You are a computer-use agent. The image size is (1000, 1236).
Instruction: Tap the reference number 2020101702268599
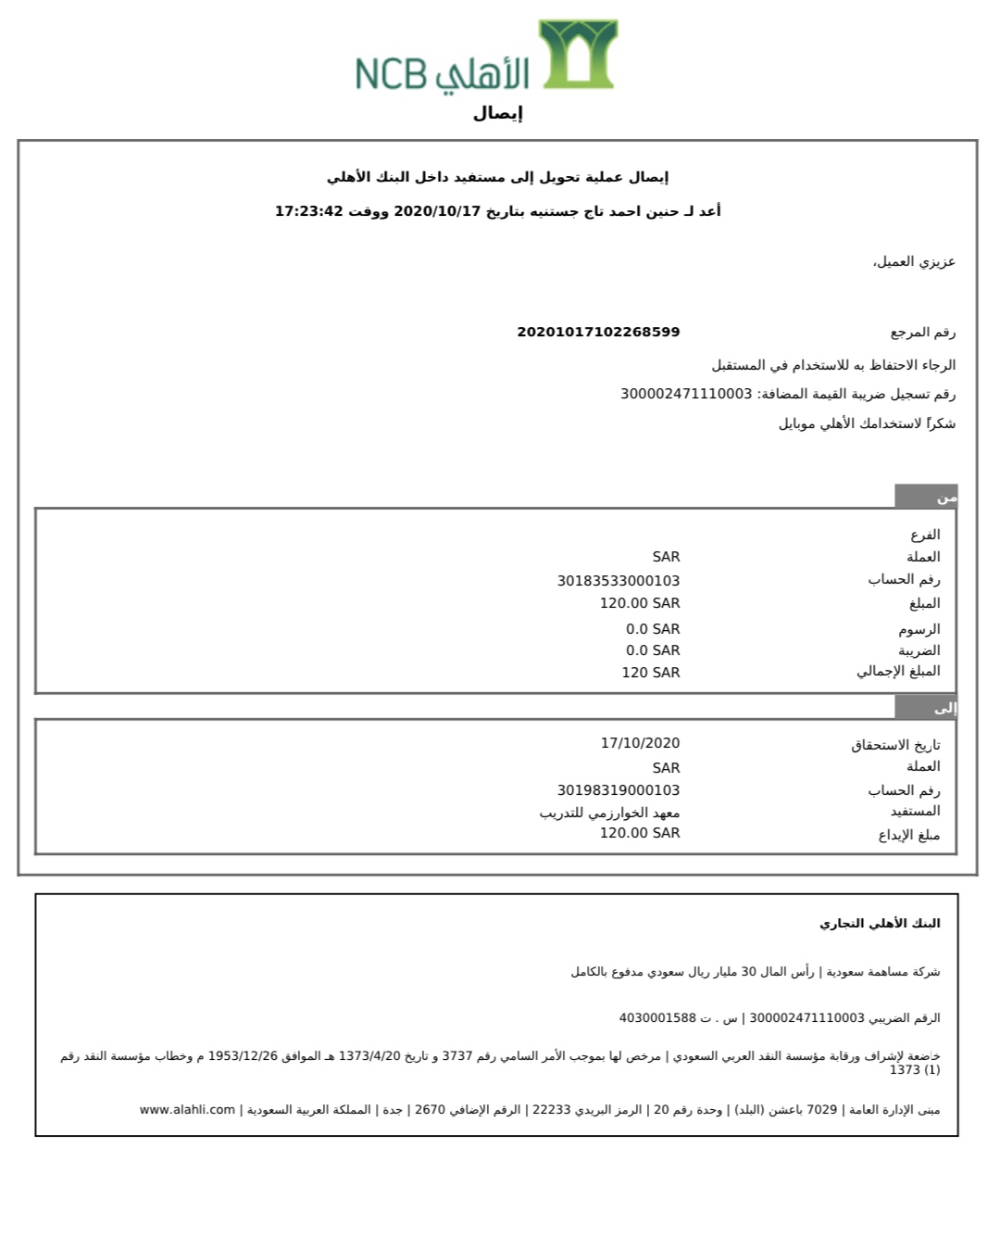(598, 332)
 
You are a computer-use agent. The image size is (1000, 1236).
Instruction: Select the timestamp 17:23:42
(308, 211)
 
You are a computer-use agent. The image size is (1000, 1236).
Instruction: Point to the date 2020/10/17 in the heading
(437, 211)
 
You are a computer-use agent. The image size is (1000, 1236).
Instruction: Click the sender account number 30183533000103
(618, 581)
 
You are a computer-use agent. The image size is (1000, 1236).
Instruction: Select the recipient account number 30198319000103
(618, 790)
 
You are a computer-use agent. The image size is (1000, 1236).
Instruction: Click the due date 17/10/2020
(640, 743)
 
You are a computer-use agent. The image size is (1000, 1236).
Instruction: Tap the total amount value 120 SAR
(650, 673)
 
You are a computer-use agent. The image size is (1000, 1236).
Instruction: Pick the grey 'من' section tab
(926, 497)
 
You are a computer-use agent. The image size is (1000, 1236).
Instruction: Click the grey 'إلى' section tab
(926, 708)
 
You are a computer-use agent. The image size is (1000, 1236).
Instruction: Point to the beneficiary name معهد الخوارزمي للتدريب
(609, 813)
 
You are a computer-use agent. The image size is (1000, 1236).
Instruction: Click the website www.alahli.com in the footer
(187, 1110)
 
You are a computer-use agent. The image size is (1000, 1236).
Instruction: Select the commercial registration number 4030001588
(656, 1018)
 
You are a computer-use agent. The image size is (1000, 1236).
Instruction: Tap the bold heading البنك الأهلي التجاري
(880, 924)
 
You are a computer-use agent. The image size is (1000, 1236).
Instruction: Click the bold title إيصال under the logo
(498, 114)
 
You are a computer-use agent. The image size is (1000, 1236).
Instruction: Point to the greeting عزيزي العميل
(914, 262)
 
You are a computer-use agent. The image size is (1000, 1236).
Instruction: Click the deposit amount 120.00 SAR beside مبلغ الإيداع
(639, 833)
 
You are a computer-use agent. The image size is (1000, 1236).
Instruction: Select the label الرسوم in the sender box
(919, 629)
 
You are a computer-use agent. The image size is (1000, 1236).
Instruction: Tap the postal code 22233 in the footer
(551, 1110)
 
